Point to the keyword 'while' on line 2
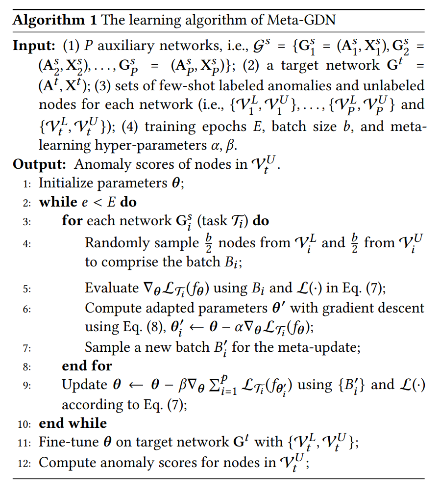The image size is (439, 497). coord(58,202)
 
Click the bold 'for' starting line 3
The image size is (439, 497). coord(72,221)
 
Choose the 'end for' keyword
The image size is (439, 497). coord(87,366)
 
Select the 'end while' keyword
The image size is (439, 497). coord(73,423)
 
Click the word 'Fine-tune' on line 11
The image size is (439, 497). coord(67,442)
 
